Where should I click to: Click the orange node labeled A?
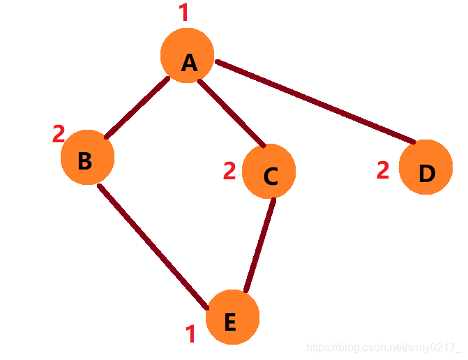[x=187, y=56]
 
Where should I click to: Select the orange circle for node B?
[x=86, y=158]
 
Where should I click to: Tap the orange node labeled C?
[x=269, y=171]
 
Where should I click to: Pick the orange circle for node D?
[x=425, y=167]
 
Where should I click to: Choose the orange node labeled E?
[x=233, y=317]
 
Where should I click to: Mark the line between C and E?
[x=259, y=244]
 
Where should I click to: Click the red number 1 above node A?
[x=184, y=13]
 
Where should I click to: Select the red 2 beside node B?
[x=59, y=133]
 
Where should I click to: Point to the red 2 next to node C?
[x=229, y=170]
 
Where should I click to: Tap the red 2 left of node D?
[x=383, y=170]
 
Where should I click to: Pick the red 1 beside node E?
[x=190, y=334]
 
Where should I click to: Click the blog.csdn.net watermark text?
[x=384, y=347]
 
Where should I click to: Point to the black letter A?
[x=189, y=63]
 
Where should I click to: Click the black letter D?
[x=427, y=174]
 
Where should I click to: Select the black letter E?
[x=230, y=322]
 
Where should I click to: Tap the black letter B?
[x=84, y=161]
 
